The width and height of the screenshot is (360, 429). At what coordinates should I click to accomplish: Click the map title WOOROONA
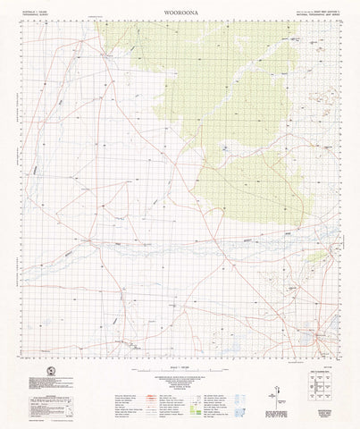[180, 12]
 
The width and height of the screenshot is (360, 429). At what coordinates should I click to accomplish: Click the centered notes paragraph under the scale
[180, 383]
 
